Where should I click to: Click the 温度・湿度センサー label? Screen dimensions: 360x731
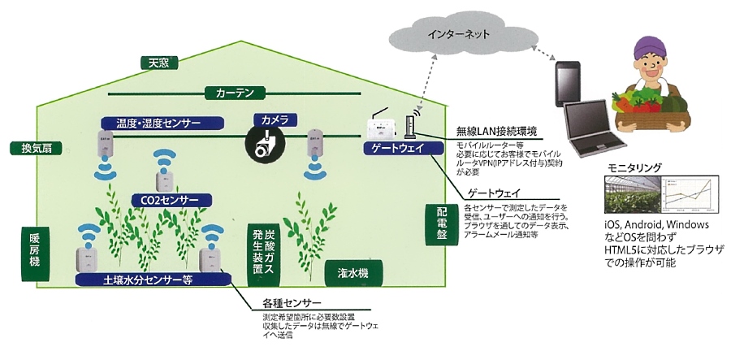[x=162, y=123]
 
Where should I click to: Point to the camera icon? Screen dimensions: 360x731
[x=265, y=145]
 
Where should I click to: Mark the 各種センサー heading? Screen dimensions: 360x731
[x=284, y=302]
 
